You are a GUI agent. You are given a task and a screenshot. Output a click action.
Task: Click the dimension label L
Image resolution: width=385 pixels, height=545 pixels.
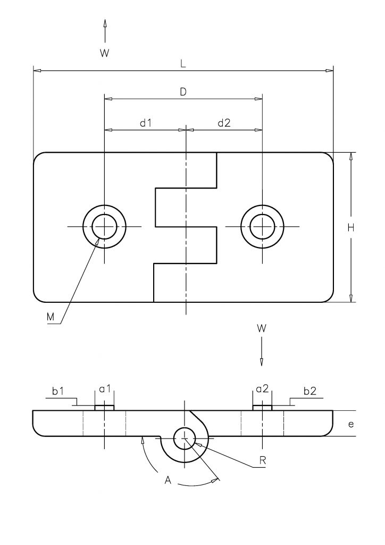(183, 64)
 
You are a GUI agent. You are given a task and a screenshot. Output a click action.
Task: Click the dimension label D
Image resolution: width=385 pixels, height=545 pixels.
(183, 92)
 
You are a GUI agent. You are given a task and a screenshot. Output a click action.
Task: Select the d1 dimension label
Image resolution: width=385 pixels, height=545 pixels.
(146, 123)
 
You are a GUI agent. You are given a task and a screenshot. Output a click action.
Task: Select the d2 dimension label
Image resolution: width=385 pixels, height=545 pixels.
(224, 123)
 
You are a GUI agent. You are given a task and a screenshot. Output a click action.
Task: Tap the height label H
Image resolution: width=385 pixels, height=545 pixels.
(351, 228)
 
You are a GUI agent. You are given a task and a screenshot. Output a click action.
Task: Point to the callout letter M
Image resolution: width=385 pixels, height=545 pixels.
(51, 317)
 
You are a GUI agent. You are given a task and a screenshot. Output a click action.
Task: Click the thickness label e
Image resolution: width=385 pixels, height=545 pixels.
(351, 424)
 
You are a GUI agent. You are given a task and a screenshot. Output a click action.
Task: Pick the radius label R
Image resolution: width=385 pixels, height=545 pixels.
(263, 460)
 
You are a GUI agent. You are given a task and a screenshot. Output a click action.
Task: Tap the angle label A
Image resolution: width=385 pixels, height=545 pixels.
(168, 481)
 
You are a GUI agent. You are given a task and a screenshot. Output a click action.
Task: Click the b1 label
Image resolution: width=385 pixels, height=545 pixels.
(58, 391)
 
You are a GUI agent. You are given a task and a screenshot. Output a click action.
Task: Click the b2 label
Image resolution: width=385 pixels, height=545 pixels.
(310, 391)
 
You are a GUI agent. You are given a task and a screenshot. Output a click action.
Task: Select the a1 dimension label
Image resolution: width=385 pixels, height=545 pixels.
(105, 389)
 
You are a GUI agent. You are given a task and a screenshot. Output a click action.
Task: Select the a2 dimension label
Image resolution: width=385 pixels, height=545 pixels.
(263, 389)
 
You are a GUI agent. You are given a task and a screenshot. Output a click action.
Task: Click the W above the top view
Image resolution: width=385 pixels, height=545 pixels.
(105, 53)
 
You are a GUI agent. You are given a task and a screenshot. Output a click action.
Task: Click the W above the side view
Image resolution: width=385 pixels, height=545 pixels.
(262, 328)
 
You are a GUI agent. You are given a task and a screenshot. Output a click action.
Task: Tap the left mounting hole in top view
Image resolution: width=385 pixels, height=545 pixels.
(105, 227)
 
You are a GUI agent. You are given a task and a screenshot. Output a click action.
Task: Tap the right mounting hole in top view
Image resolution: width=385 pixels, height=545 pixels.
(263, 227)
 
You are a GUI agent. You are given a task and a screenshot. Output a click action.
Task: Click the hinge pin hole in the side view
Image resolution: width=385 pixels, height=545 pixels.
(185, 439)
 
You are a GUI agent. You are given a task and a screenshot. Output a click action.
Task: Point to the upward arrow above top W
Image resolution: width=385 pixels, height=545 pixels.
(105, 31)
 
